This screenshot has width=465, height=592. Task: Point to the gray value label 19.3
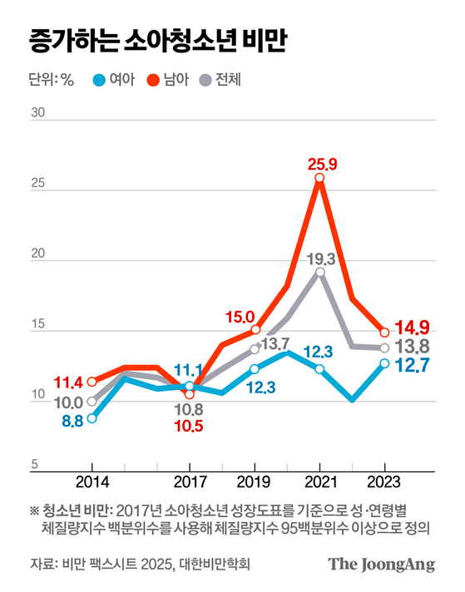319,259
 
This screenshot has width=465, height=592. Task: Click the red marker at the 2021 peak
319,178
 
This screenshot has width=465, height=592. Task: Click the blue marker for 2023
384,363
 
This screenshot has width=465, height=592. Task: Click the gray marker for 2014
92,401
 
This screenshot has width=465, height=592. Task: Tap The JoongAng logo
381,565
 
